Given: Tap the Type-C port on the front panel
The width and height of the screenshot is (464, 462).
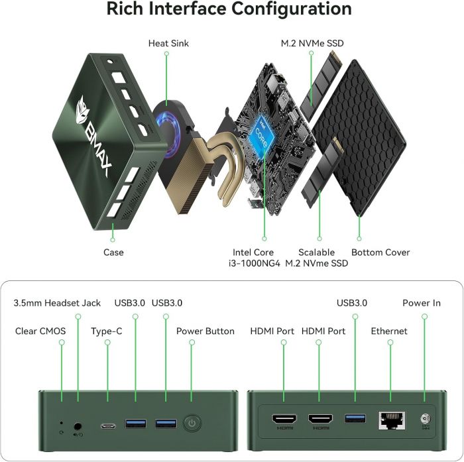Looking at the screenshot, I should pos(108,425).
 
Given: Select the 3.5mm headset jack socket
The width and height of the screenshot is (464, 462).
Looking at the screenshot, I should pos(79,422).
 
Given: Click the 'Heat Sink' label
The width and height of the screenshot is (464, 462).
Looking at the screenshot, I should pos(168,44).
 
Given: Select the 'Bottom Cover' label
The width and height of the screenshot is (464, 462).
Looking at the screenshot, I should pos(380,253).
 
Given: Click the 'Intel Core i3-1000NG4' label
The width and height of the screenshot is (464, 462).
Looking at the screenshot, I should pos(256,258).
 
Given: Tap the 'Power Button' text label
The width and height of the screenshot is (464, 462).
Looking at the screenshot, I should pos(205,331).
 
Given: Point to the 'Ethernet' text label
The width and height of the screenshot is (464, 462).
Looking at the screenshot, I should pos(389,331).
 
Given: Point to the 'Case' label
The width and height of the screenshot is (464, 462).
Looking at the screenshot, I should pos(113,253).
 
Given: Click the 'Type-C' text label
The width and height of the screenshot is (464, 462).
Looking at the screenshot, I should pos(107,331).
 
